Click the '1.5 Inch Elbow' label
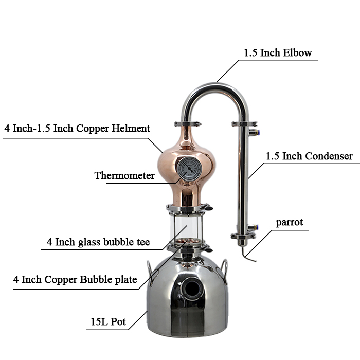tap(278, 53)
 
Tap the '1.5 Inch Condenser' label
tap(309, 156)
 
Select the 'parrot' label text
tap(290, 223)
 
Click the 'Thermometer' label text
tap(124, 176)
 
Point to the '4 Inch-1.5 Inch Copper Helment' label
tap(77, 129)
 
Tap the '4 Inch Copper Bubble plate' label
tap(75, 280)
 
